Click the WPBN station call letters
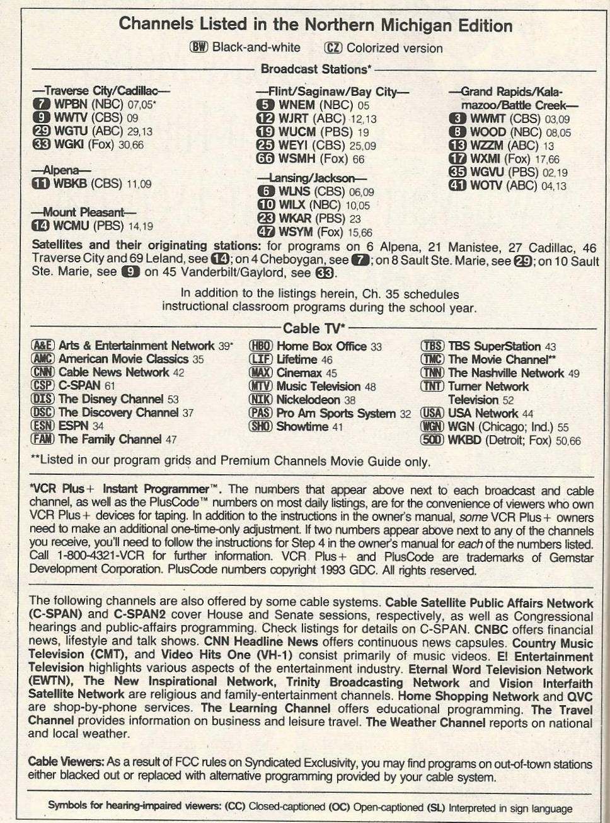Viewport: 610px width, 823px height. point(71,104)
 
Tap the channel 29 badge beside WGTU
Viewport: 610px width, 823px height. point(41,131)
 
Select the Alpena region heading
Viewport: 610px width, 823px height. point(62,170)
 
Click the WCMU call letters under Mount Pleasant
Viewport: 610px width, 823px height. point(71,225)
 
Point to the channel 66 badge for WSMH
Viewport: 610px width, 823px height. point(266,160)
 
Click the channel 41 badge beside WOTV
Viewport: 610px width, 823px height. point(457,185)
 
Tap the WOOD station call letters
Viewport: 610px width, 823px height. point(488,132)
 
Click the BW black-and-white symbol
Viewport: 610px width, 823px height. point(199,48)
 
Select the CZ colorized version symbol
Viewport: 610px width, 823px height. point(333,48)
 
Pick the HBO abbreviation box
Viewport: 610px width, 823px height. point(260,346)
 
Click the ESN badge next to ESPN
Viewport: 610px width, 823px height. point(42,426)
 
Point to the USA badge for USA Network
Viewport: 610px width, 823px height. point(432,414)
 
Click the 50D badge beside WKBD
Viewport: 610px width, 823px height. point(432,440)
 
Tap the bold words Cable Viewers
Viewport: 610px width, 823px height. point(66,762)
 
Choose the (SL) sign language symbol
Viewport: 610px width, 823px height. point(435,807)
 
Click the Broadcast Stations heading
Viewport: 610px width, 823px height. point(316,69)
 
